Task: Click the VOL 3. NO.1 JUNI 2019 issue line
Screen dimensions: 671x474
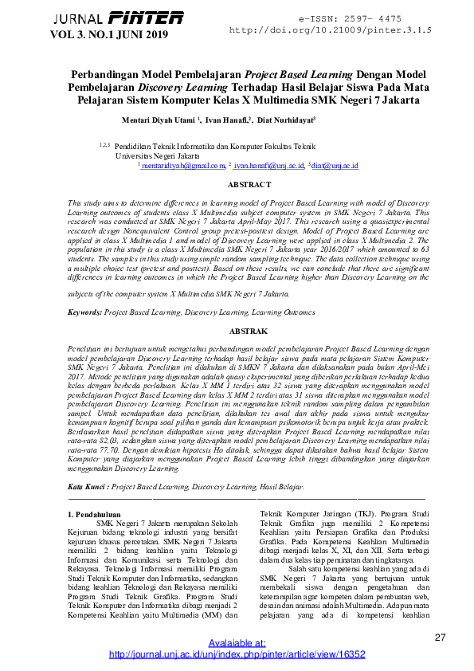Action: click(110, 34)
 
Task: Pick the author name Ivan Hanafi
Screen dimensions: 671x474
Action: click(226, 120)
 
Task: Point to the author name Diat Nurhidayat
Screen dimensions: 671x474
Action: click(285, 120)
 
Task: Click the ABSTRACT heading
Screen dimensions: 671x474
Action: click(249, 185)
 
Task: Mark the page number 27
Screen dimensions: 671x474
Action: click(441, 637)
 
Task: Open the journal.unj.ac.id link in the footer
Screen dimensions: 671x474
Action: click(236, 654)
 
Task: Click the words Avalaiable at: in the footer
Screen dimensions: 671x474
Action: click(237, 643)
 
